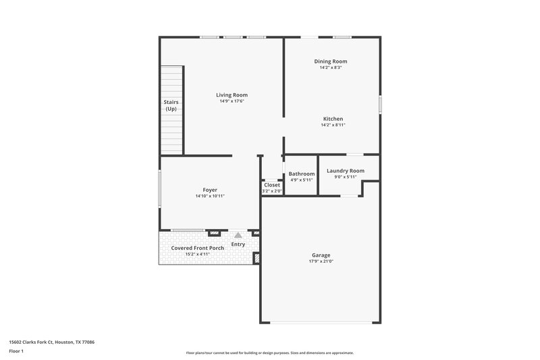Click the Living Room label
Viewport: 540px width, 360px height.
click(232, 95)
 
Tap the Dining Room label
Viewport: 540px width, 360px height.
click(331, 61)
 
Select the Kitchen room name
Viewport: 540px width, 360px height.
click(333, 119)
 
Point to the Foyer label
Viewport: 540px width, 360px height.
click(210, 190)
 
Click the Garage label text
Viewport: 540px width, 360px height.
click(321, 255)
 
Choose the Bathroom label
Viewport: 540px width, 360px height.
click(302, 174)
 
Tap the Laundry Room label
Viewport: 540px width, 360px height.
click(345, 171)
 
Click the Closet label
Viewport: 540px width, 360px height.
click(272, 184)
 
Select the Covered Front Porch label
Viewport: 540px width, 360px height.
click(197, 248)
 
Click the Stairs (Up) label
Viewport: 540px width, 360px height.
click(171, 105)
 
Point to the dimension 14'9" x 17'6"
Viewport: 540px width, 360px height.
click(232, 101)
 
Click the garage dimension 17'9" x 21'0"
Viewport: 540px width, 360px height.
click(321, 261)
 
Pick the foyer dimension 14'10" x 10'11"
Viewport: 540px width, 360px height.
click(210, 196)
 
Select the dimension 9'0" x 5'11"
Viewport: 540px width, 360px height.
click(345, 177)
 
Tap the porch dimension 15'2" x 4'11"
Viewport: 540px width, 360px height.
click(197, 254)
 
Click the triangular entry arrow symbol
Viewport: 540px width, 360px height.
click(238, 235)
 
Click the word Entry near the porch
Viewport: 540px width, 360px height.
click(238, 244)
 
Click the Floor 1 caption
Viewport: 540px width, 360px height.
click(17, 352)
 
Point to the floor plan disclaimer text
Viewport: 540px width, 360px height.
click(269, 353)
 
